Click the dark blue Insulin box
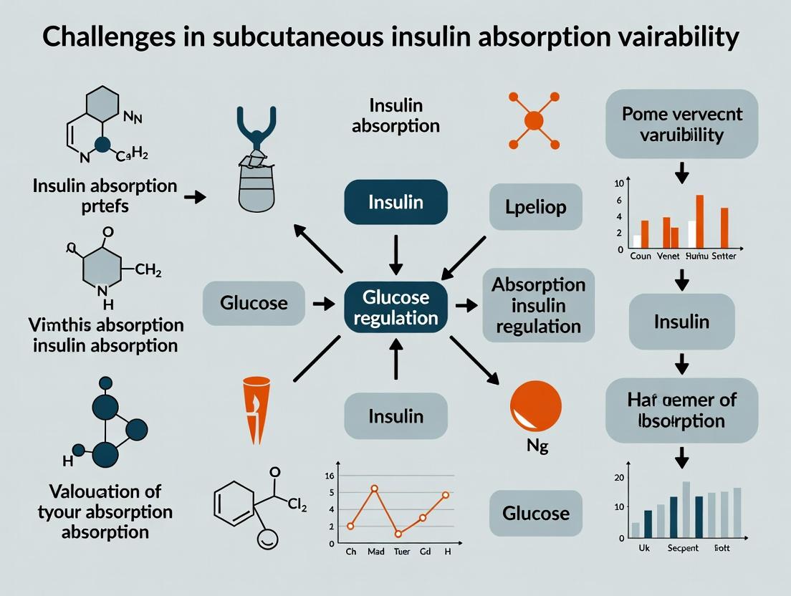(395, 202)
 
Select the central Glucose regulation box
(395, 307)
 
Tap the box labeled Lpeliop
(536, 207)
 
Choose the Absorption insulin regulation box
(538, 304)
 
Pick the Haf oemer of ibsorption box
(681, 410)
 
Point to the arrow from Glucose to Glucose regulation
(324, 304)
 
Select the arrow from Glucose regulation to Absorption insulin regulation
(467, 305)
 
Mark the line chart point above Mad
(374, 489)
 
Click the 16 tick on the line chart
(330, 476)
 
